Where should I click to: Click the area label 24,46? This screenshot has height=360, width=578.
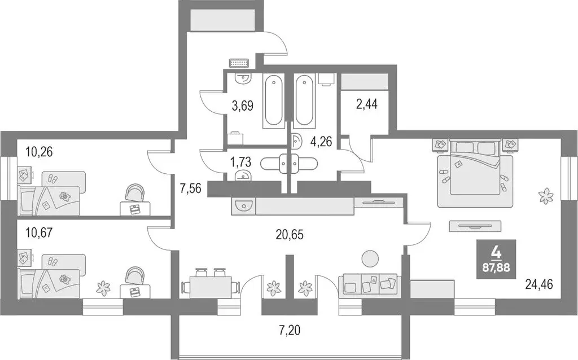pos(539,285)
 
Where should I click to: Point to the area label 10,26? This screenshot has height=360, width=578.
pos(41,151)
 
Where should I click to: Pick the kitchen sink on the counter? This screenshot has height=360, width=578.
pos(243,206)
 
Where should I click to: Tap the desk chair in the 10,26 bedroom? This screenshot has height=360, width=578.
pos(135,193)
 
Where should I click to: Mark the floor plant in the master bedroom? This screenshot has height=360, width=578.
pos(545,196)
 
